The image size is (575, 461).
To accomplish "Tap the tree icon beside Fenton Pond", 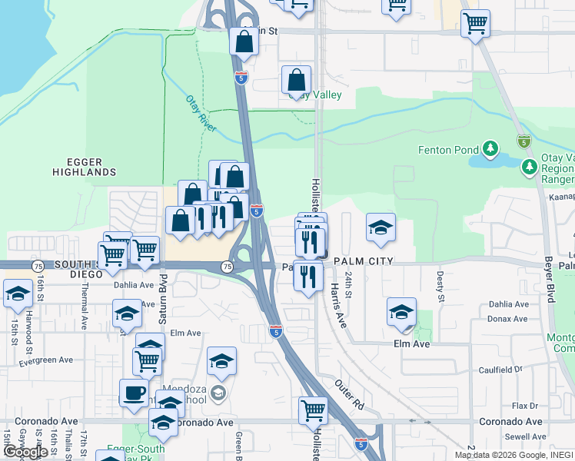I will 490,148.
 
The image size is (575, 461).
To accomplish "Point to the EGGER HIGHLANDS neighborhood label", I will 85,167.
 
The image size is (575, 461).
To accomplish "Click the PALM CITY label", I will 363,261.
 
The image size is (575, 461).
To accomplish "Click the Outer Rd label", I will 349,393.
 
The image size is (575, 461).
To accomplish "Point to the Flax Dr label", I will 526,406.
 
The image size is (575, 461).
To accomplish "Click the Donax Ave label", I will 508,317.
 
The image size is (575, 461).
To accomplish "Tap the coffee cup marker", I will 134,393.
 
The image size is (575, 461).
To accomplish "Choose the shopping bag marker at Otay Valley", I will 296,80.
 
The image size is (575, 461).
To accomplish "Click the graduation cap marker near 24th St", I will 381,227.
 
